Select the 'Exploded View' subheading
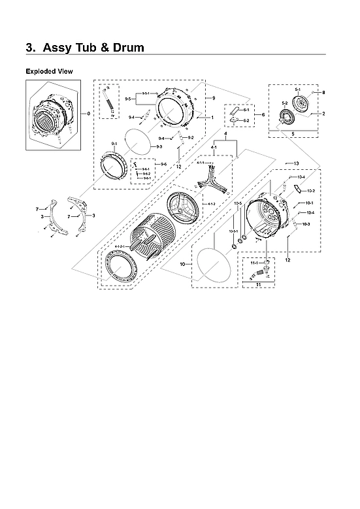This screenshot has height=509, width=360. (49, 71)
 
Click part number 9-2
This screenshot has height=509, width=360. (190, 138)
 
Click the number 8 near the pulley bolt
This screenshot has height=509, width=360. (323, 93)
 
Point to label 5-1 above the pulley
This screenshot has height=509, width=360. (297, 88)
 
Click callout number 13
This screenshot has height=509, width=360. (296, 163)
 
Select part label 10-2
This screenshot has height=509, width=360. (310, 191)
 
